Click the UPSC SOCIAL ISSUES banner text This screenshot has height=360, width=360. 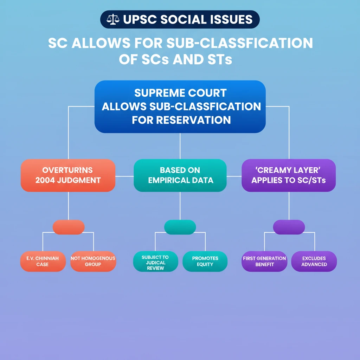tap(188, 19)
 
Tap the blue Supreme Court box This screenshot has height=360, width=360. tap(180, 107)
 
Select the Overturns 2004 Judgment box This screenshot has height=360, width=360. tap(68, 175)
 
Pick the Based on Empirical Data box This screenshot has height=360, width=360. tap(180, 175)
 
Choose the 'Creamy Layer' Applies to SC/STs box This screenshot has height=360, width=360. tap(289, 175)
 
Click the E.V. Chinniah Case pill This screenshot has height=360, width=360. tap(43, 261)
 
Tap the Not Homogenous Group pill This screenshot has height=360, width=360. tap(93, 261)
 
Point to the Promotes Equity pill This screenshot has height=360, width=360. tap(205, 261)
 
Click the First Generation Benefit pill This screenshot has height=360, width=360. tap(264, 261)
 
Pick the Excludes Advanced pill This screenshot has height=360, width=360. tap(314, 261)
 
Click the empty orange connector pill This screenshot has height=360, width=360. tap(69, 227)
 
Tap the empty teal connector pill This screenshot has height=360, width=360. tap(180, 227)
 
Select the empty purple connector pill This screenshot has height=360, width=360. tap(289, 227)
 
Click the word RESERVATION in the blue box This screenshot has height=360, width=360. tap(198, 120)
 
